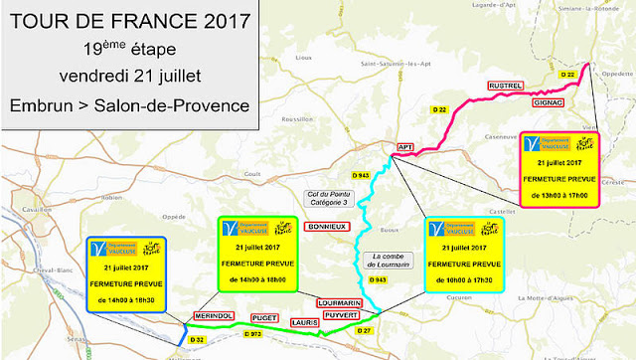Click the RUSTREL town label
pos(504,87)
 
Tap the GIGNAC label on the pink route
pos(548,102)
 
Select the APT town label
pos(404,146)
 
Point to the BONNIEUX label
pos(327,227)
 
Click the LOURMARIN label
pos(338,301)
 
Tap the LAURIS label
pos(305,323)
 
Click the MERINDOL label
pos(212,315)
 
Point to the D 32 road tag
pos(196,340)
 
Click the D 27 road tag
pos(365,330)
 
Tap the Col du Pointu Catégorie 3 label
pos(329,197)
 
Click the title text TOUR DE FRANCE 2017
pos(126,20)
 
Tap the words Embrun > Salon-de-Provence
pos(126,104)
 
